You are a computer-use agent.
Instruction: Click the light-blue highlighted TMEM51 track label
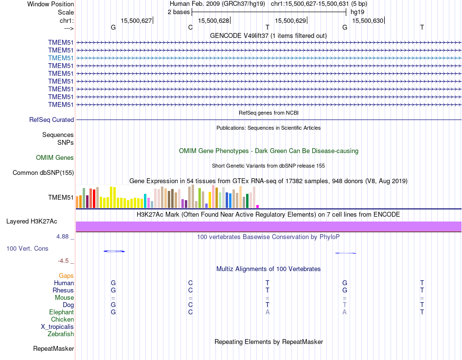pyautogui.click(x=61, y=58)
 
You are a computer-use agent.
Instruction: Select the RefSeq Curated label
pyautogui.click(x=52, y=120)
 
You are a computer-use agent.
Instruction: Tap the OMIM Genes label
pyautogui.click(x=55, y=157)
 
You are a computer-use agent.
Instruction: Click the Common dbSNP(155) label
pyautogui.click(x=43, y=172)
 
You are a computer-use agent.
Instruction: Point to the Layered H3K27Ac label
pyautogui.click(x=32, y=222)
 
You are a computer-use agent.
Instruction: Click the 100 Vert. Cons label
pyautogui.click(x=27, y=248)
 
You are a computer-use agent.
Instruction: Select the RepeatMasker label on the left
pyautogui.click(x=53, y=348)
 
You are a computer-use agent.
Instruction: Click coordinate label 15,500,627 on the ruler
pyautogui.click(x=136, y=20)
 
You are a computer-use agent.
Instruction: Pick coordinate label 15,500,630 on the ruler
pyautogui.click(x=368, y=20)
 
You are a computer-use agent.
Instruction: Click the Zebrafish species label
pyautogui.click(x=61, y=334)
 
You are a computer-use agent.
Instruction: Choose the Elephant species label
pyautogui.click(x=61, y=312)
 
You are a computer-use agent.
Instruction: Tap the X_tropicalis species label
pyautogui.click(x=57, y=326)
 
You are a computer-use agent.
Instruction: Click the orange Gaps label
pyautogui.click(x=66, y=275)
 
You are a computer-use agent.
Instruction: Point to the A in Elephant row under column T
pyautogui.click(x=267, y=312)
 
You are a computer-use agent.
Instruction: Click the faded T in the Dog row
pyautogui.click(x=344, y=305)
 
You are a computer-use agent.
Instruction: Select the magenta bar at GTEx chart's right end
pyautogui.click(x=258, y=206)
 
